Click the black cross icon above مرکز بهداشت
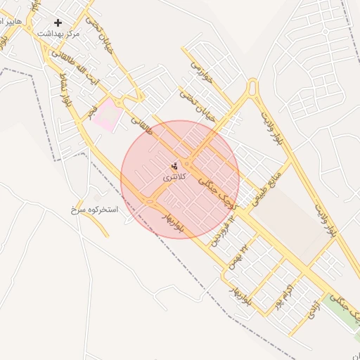(58, 22)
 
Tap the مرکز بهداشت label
(58, 33)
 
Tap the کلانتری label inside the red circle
(175, 177)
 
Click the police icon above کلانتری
(174, 166)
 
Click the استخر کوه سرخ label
(94, 210)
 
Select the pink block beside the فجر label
(105, 114)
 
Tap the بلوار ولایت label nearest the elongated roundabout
(271, 127)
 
